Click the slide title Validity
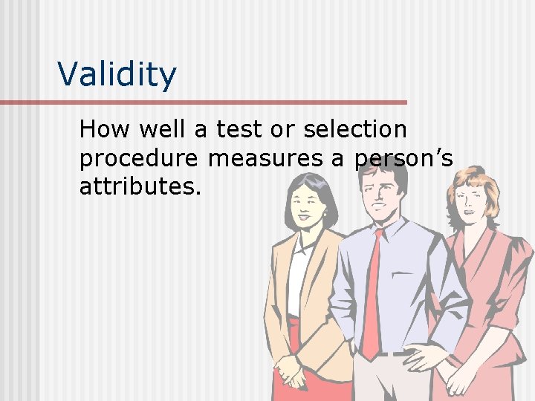pyautogui.click(x=117, y=75)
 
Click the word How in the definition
pyautogui.click(x=103, y=130)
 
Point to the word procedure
pyautogui.click(x=139, y=158)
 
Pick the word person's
pyautogui.click(x=402, y=158)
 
